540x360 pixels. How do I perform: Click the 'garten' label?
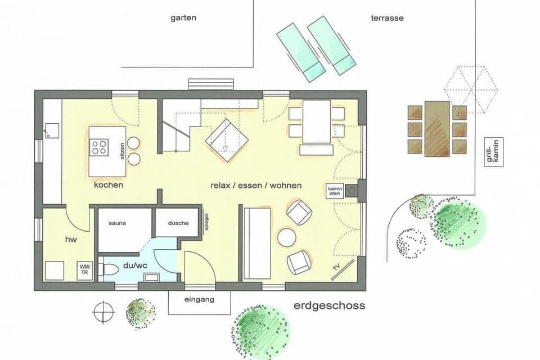click(x=183, y=18)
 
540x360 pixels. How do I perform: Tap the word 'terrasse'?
click(x=387, y=18)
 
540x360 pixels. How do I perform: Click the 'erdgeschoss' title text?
click(x=329, y=306)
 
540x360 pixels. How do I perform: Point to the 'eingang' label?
click(x=199, y=300)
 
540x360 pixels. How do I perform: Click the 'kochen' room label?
click(x=109, y=184)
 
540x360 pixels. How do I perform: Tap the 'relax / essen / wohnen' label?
click(x=256, y=185)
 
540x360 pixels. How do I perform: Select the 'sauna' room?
click(x=117, y=223)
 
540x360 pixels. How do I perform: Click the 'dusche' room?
click(x=178, y=223)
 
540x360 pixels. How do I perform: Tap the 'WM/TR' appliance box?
click(x=85, y=270)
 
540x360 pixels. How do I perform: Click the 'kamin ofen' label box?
click(x=334, y=191)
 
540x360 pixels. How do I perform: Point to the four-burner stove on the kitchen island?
click(x=100, y=147)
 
